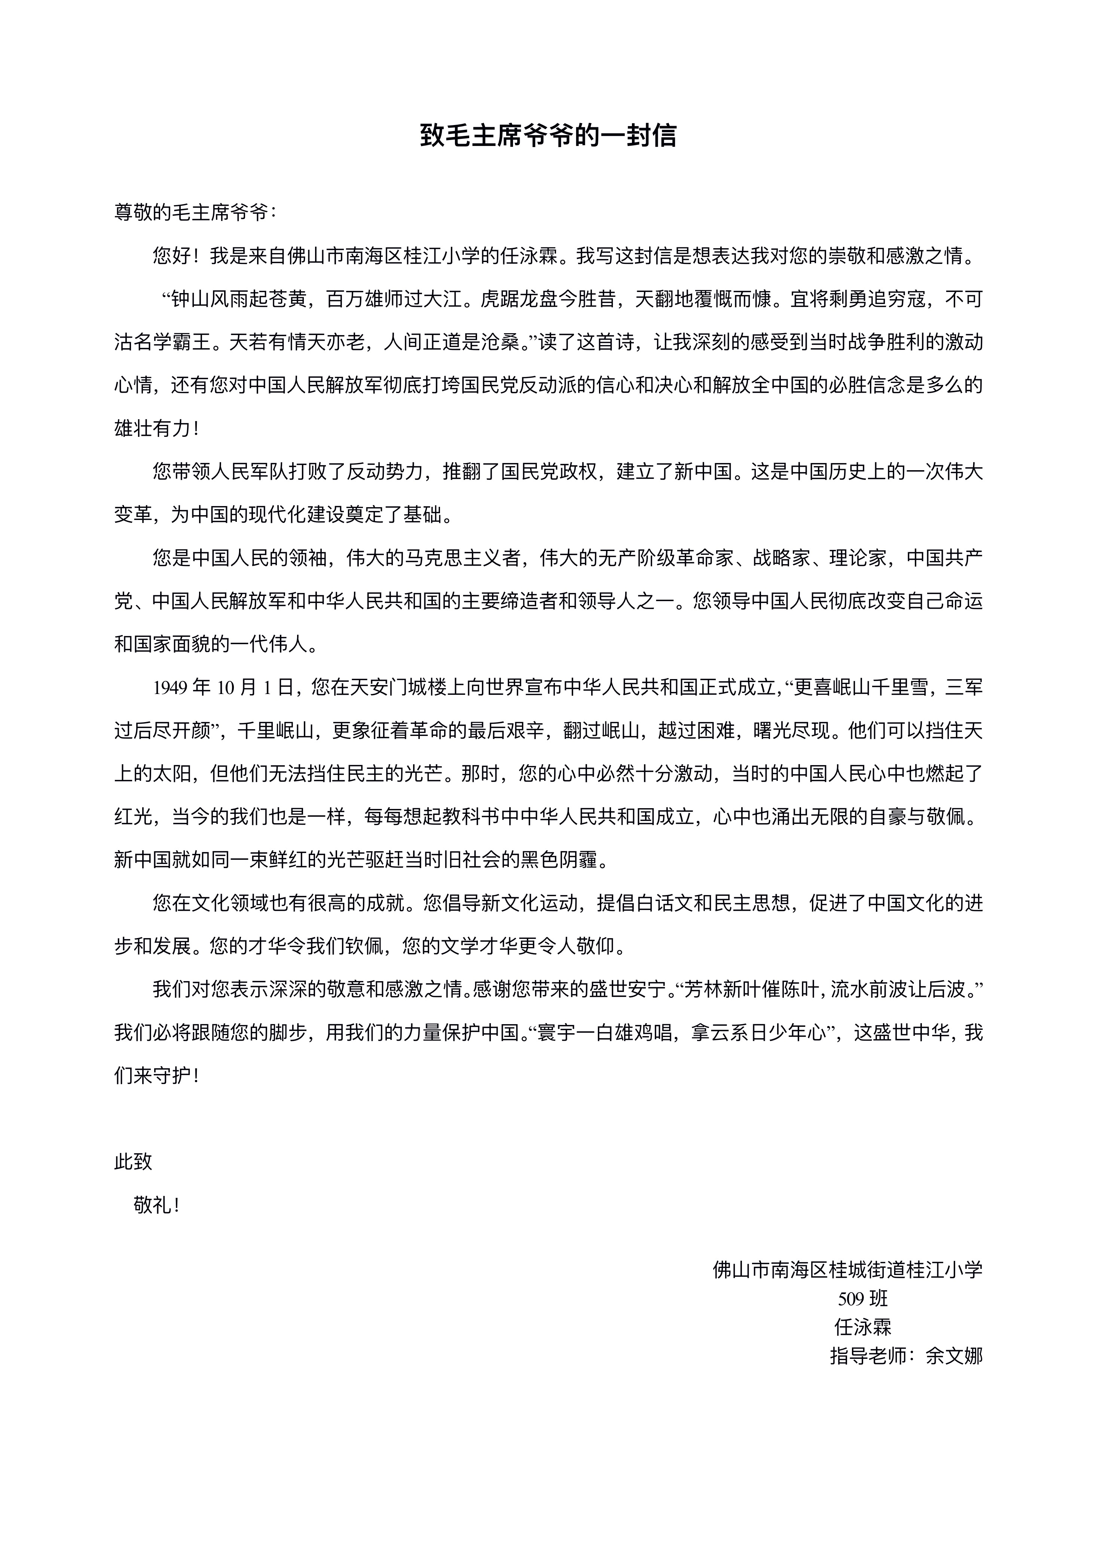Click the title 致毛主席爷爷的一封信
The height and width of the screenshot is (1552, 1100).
[549, 136]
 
